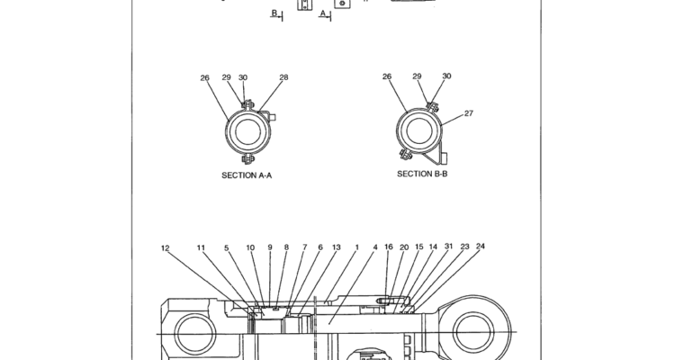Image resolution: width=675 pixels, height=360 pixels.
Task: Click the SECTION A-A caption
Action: (247, 175)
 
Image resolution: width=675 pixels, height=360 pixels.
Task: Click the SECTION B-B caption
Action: (422, 174)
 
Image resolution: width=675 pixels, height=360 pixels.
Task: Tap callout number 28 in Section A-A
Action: (283, 77)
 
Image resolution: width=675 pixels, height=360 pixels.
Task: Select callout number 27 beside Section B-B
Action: (468, 113)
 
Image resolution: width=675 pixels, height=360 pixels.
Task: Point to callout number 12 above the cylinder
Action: (166, 248)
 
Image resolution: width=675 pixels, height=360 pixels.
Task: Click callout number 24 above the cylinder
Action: (481, 246)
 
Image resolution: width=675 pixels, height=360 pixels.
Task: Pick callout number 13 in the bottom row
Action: (337, 247)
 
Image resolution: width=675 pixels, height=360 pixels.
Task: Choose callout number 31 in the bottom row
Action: (448, 246)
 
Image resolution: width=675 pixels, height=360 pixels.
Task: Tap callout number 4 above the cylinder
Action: (375, 247)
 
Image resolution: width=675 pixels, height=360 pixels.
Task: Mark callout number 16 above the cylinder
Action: (389, 247)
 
